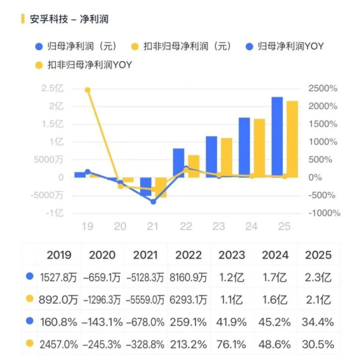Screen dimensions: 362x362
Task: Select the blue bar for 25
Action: tap(277, 136)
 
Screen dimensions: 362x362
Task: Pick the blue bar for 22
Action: tap(178, 163)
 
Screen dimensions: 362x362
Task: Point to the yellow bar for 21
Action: tap(161, 187)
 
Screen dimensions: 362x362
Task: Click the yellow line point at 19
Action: tap(87, 90)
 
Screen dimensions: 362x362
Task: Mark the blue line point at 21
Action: tap(153, 201)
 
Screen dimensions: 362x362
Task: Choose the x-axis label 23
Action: tap(218, 227)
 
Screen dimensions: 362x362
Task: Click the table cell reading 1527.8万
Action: tap(59, 277)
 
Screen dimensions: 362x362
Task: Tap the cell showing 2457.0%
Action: tap(59, 345)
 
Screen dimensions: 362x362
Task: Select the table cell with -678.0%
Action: tap(146, 322)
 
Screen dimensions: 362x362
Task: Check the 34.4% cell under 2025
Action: tap(318, 322)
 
